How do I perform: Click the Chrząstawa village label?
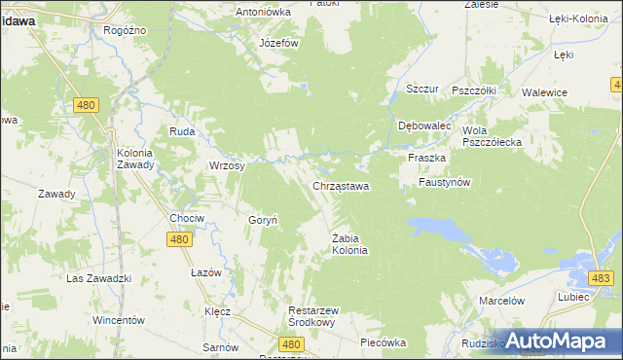point(340,186)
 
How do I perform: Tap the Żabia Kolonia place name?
point(349,243)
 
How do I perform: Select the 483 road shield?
point(601,279)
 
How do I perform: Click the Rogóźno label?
point(125,30)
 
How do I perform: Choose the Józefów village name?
point(278,44)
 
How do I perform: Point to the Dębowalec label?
point(425,126)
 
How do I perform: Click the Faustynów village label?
point(445,182)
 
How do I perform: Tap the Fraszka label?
point(427,158)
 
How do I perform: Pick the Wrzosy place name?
point(227,165)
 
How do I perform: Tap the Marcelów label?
point(502,301)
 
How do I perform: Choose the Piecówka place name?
point(382,342)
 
